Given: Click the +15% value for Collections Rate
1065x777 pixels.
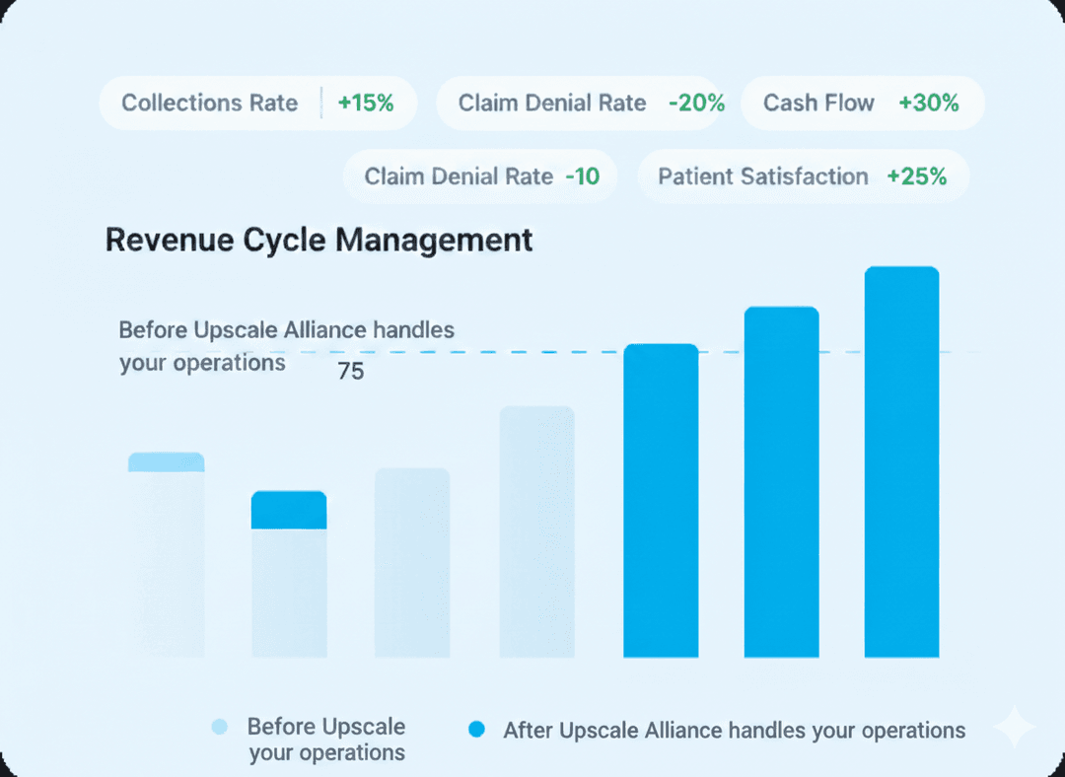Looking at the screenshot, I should (x=365, y=104).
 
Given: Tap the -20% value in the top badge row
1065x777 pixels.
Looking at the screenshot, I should (x=696, y=104).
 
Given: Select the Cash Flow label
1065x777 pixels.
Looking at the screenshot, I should (x=818, y=104).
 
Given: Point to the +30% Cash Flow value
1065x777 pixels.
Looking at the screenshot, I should (x=928, y=104).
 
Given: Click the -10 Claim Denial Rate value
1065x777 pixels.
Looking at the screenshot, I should (x=582, y=177).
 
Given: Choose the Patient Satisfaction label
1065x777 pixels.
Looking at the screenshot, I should (x=762, y=177).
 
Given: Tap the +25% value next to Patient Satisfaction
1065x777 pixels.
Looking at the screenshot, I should (x=916, y=177).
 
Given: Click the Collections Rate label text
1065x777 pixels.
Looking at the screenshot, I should (x=209, y=104).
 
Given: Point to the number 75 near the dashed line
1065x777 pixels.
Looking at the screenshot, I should (x=350, y=373).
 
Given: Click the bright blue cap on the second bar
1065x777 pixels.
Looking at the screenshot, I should (x=288, y=510).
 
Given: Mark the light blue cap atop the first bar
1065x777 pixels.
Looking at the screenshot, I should (x=166, y=461).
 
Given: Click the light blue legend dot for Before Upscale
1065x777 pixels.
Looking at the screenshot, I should (x=219, y=728).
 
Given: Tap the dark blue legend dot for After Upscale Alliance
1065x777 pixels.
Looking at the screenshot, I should (x=477, y=730).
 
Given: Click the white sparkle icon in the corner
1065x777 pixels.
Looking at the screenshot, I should (x=1013, y=729).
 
